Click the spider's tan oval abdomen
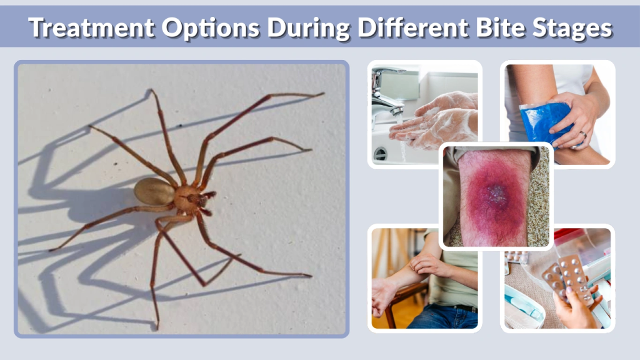pyautogui.click(x=154, y=191)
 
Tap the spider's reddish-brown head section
pyautogui.click(x=187, y=199)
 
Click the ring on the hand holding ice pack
pyautogui.click(x=583, y=134)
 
